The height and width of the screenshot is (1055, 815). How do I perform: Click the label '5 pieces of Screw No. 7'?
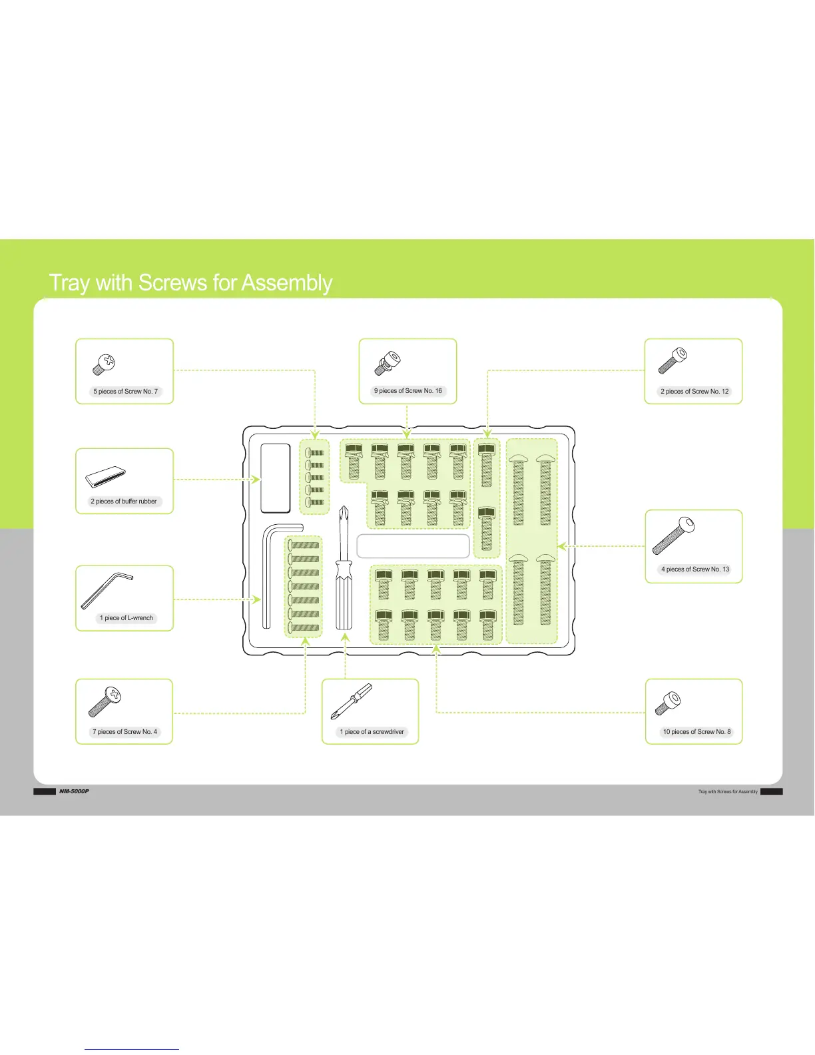pos(125,392)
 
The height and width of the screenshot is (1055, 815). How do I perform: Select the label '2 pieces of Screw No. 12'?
pos(694,392)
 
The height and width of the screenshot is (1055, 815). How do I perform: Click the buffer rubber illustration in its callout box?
pos(106,477)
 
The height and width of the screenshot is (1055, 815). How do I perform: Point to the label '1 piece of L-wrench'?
pos(126,618)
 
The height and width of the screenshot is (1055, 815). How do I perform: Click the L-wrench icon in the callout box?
pos(107,590)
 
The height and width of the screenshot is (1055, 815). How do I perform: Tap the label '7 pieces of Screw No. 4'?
pos(125,732)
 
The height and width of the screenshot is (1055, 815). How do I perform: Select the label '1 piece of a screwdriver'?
pos(372,732)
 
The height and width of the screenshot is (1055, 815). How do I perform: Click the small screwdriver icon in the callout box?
pos(352,701)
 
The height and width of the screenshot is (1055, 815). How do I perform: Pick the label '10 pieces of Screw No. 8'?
pos(696,732)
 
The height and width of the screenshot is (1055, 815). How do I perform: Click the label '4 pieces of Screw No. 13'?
pos(694,569)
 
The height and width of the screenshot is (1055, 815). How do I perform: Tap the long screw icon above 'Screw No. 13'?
pos(673,535)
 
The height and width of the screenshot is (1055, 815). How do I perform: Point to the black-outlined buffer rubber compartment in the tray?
pos(275,478)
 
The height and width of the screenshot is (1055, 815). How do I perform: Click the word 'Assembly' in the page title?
pos(286,283)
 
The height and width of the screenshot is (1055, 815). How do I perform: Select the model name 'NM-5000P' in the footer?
pos(73,791)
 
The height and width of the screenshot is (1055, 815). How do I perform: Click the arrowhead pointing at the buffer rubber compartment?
pos(256,479)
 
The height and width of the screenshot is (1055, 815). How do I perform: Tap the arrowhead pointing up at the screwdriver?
pos(345,638)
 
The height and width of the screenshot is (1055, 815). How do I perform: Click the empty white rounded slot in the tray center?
pos(413,546)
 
